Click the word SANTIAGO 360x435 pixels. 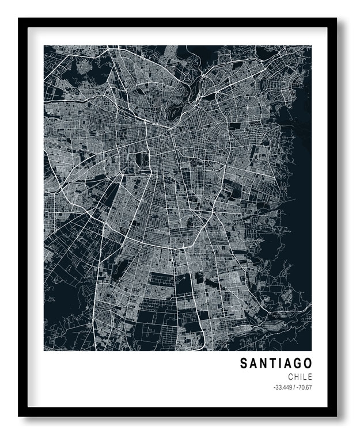(x=276, y=364)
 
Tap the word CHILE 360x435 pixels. (x=300, y=377)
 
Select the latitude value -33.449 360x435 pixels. (x=283, y=387)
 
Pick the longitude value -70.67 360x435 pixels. (x=304, y=387)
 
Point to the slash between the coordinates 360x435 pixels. (x=294, y=387)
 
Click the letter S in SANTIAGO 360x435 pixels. (x=244, y=364)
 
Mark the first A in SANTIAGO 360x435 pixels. (x=253, y=364)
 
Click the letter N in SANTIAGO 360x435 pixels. (x=263, y=364)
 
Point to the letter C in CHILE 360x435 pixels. (x=291, y=377)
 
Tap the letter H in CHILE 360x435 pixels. (x=297, y=377)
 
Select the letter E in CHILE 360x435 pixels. (x=310, y=377)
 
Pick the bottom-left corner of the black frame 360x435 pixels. (x=20, y=415)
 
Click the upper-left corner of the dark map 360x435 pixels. (x=44, y=45)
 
